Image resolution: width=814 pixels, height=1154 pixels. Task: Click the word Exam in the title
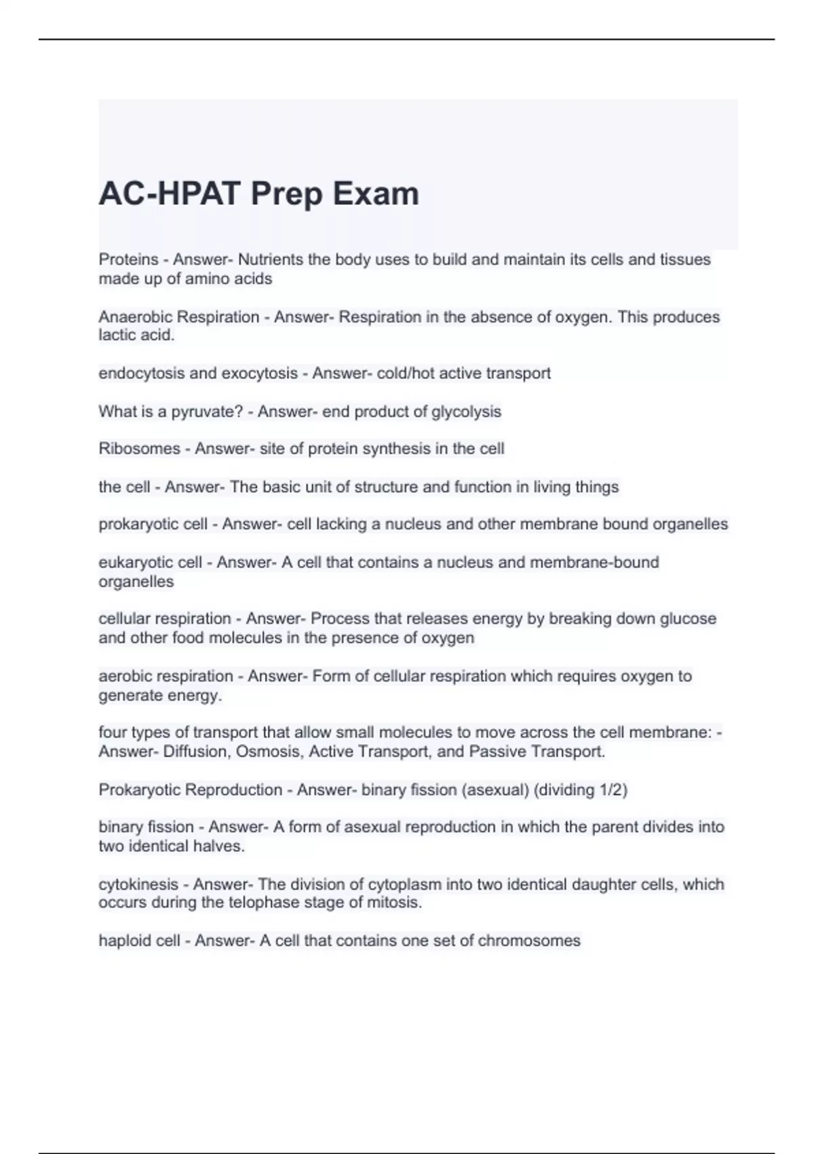(375, 193)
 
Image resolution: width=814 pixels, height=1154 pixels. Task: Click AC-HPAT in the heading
(170, 193)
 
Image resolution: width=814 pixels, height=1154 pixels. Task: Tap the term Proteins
(128, 259)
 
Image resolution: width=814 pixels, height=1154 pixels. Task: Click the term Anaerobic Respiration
(179, 317)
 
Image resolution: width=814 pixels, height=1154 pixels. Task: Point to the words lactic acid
(136, 335)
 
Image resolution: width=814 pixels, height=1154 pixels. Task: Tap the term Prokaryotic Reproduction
(190, 789)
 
